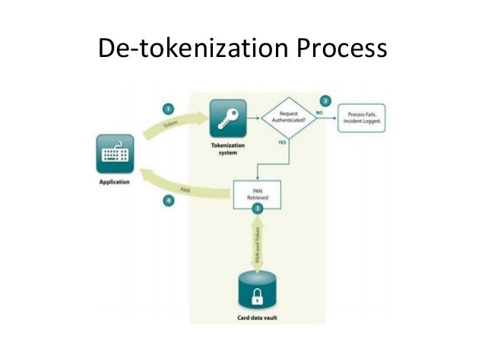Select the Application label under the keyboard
tap(115, 183)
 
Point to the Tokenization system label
tap(227, 148)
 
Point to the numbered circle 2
tap(326, 100)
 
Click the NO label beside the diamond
tap(320, 112)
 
